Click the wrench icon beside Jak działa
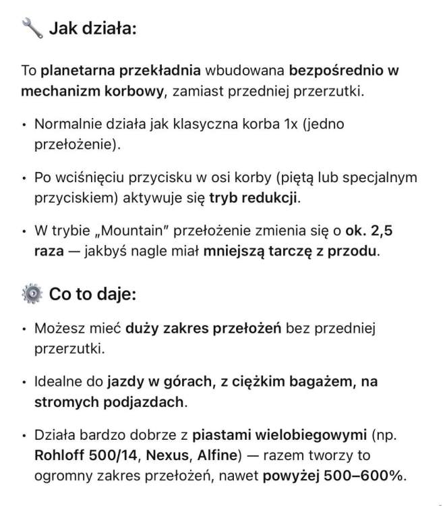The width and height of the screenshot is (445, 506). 32,29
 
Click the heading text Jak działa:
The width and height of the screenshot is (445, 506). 92,29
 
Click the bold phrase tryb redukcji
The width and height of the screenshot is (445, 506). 254,198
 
